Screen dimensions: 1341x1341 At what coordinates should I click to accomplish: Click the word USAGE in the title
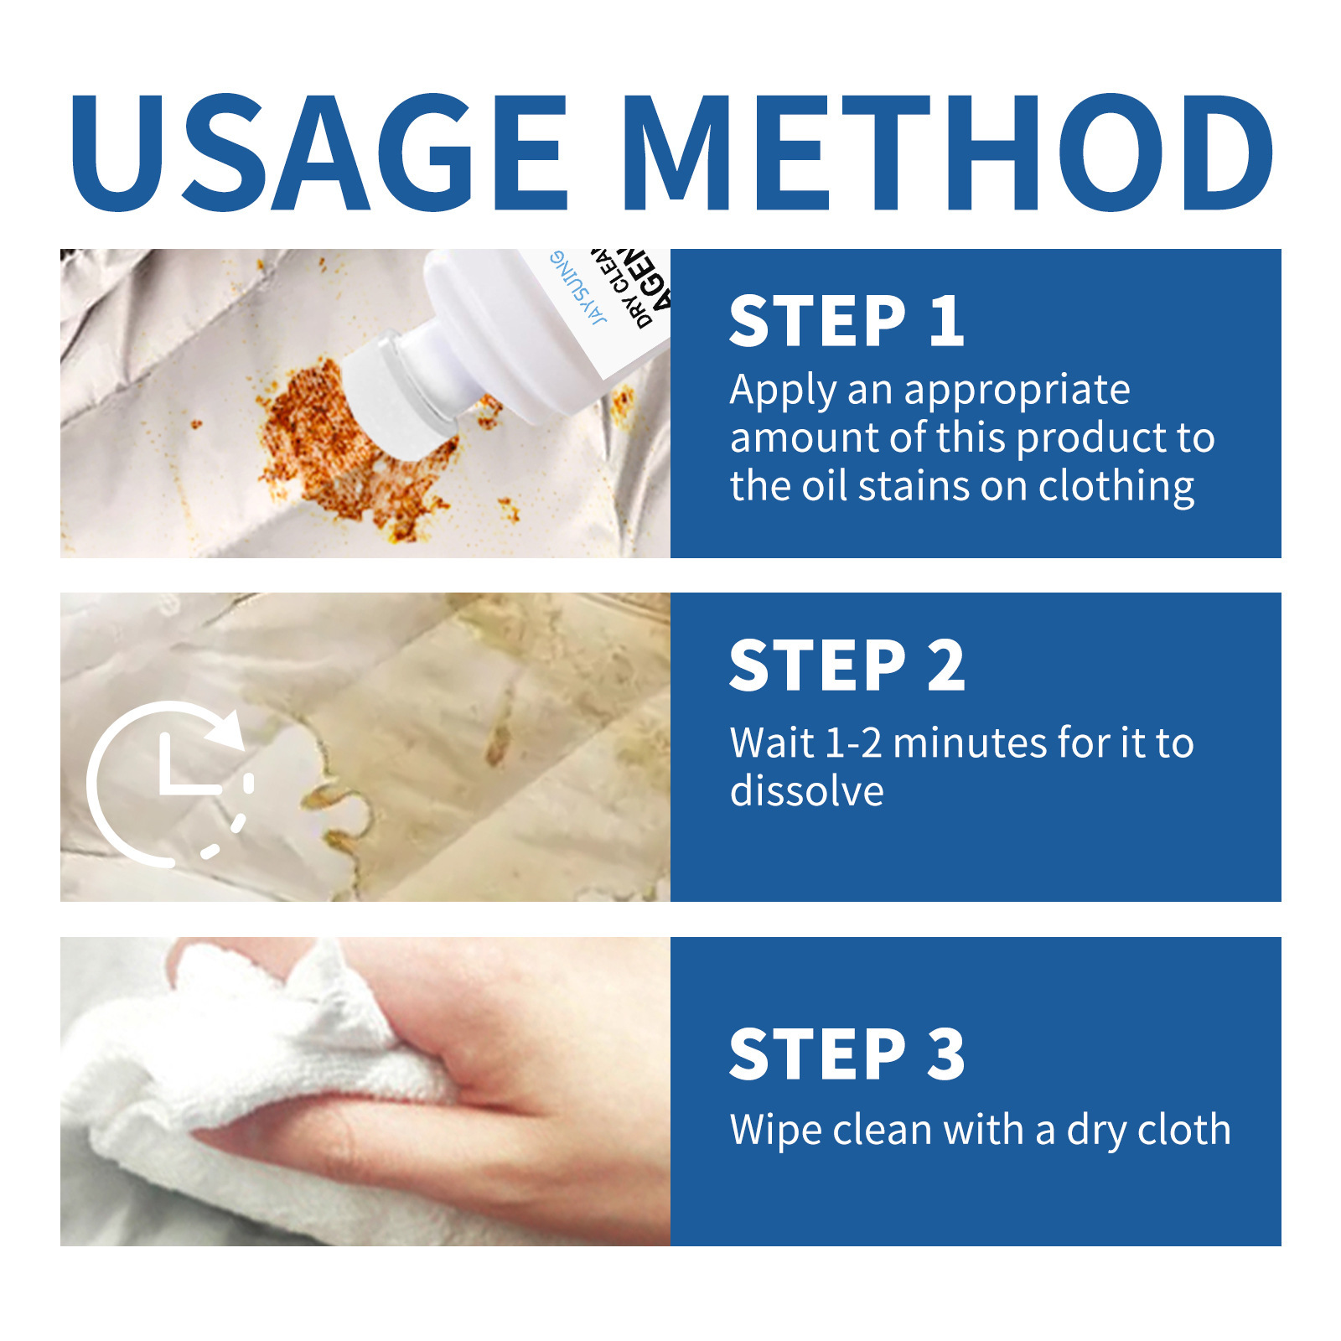[x=318, y=153]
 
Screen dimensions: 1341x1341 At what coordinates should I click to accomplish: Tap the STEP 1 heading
[x=847, y=321]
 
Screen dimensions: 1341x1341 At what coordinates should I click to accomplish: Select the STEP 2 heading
[x=847, y=665]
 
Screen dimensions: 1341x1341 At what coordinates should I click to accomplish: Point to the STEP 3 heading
[x=847, y=1054]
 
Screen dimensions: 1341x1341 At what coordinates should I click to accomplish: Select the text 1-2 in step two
[x=853, y=743]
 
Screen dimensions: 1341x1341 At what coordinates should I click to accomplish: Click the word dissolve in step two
[x=806, y=792]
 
